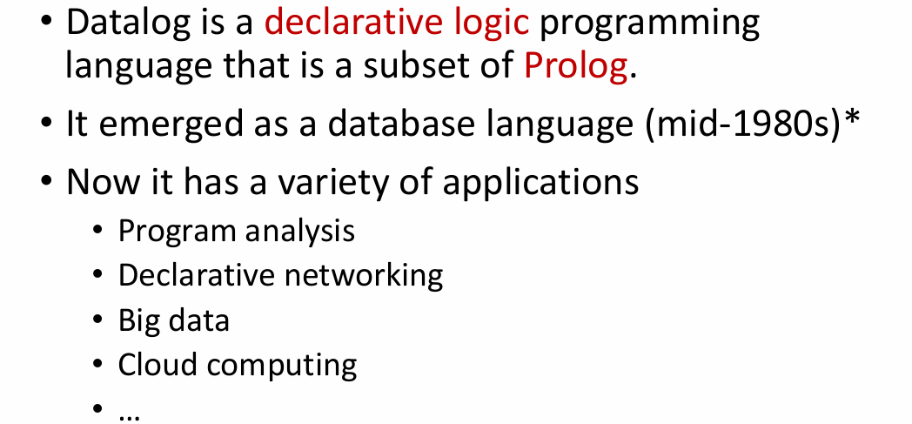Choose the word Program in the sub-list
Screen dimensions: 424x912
[x=178, y=232]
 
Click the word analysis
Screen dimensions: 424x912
[x=299, y=231]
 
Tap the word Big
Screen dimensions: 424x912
[x=138, y=320]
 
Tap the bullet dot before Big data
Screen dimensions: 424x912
[x=99, y=320]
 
